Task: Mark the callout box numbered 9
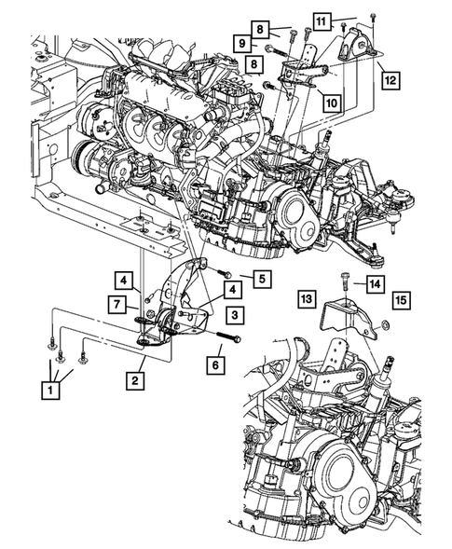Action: (241, 43)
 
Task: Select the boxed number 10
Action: (332, 103)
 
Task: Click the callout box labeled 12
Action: (390, 81)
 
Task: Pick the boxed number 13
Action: (305, 299)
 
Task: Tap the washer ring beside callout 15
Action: (385, 325)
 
